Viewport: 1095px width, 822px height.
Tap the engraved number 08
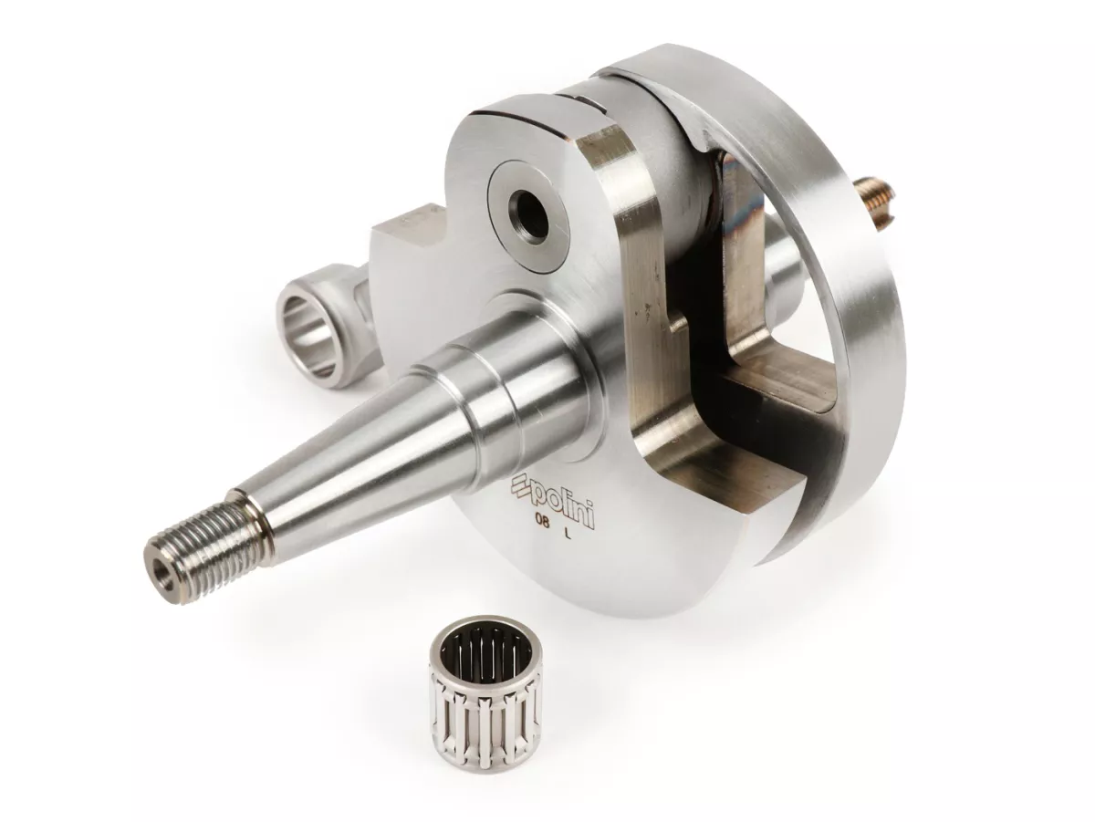(542, 531)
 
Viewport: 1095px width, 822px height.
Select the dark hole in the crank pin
(526, 206)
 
